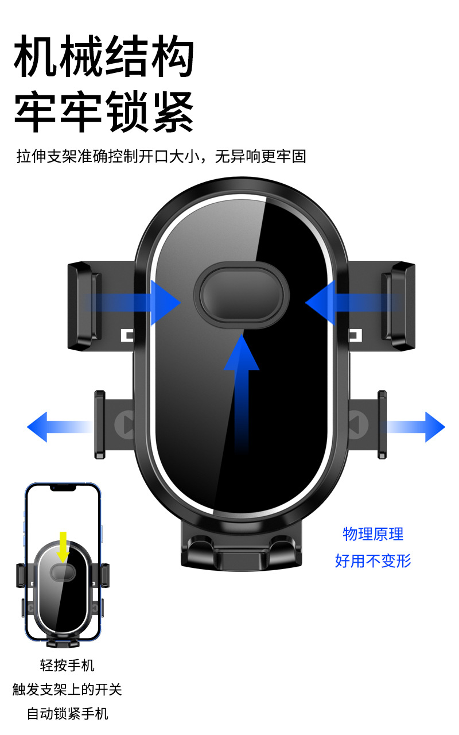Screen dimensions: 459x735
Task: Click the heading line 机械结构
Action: click(x=104, y=56)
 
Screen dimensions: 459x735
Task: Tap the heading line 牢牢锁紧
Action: click(x=104, y=111)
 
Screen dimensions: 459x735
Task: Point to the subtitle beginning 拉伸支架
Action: click(x=161, y=156)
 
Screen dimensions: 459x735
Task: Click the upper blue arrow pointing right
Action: click(x=138, y=303)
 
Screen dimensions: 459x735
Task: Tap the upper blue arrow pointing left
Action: click(x=344, y=303)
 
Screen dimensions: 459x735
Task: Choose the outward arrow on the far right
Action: click(x=417, y=426)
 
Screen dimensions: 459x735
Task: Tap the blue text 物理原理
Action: click(x=373, y=534)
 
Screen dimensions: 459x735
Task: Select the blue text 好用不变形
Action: click(x=373, y=560)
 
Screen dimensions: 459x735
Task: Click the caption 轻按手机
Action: click(x=67, y=666)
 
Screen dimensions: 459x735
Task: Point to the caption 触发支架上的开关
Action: click(x=67, y=689)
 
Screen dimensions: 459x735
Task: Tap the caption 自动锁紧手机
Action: click(x=67, y=714)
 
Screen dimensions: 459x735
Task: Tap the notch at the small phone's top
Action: click(x=63, y=488)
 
